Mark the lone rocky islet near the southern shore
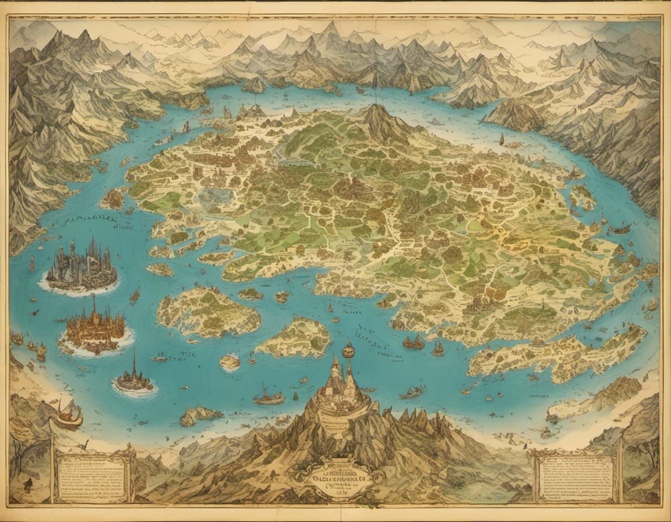point(199,415)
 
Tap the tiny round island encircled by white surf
point(230,362)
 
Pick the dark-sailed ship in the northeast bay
point(502,140)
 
